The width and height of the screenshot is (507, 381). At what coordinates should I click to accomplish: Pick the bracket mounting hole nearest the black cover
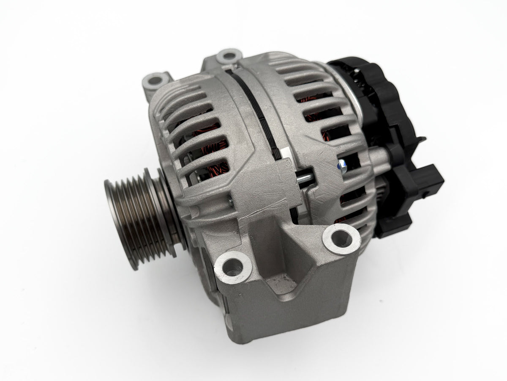pyautogui.click(x=339, y=237)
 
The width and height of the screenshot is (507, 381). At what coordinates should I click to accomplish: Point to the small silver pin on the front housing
pyautogui.click(x=230, y=204)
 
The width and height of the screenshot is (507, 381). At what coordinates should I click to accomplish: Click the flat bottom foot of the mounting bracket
pyautogui.click(x=270, y=322)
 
